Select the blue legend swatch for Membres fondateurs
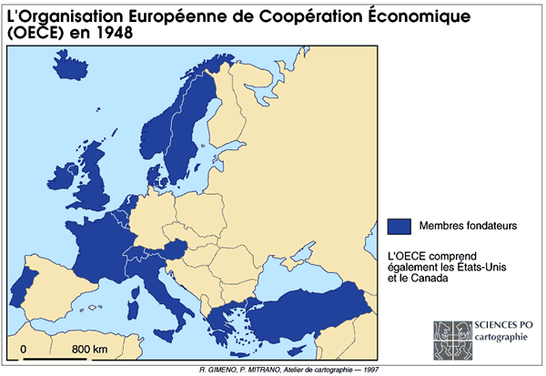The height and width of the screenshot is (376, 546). (400, 225)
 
